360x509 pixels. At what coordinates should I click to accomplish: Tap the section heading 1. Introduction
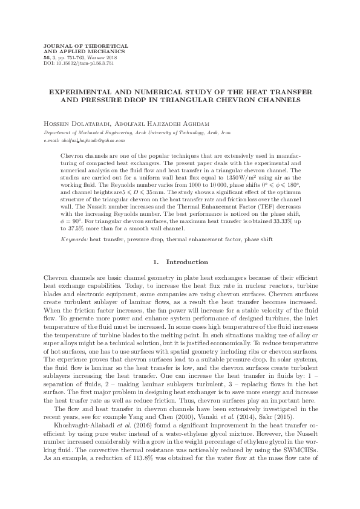click(179, 262)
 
